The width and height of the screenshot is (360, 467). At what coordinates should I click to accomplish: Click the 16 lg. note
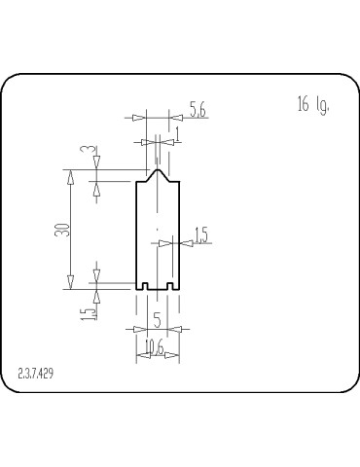pos(312,105)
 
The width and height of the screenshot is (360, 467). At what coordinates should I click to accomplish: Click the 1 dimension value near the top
pos(176,131)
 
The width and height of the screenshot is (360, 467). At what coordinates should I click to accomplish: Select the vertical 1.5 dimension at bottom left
pos(88,312)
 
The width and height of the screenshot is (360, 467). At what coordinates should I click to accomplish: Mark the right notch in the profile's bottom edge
pos(170,287)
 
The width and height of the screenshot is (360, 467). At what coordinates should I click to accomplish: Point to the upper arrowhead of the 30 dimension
pos(70,175)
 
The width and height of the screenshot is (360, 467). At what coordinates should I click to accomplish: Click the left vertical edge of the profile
pos(135,233)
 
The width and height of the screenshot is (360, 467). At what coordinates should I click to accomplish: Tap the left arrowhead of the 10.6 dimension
pos(140,356)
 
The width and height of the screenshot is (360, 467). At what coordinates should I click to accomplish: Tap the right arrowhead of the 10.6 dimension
pos(176,356)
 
